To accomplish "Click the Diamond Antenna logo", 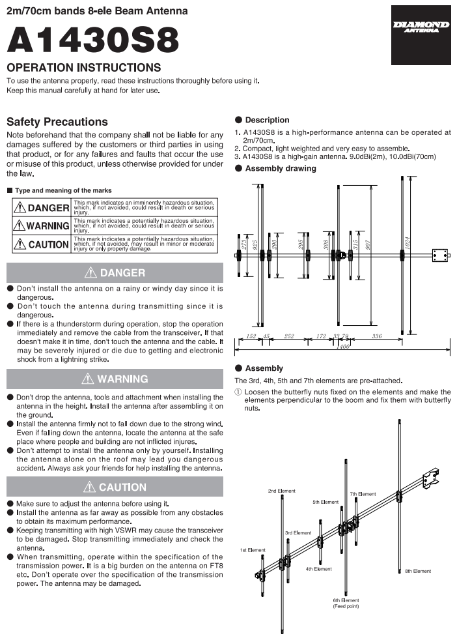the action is click(421, 35).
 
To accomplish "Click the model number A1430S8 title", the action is click(93, 40).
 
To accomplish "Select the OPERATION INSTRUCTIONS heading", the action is click(84, 67).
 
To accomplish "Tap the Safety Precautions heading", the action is click(57, 122).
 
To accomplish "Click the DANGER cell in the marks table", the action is click(42, 208).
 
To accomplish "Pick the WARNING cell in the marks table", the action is click(42, 225).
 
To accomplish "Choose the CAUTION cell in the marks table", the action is click(42, 244).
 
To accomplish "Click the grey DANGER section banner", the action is click(115, 272).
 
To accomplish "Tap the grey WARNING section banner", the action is click(115, 379).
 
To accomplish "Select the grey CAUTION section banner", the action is click(115, 487).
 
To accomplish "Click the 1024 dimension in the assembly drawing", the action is click(407, 243).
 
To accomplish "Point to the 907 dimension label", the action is click(368, 245).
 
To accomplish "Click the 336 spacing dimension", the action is click(377, 336).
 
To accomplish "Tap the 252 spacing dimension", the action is click(289, 336).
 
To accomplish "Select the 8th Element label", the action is click(418, 571).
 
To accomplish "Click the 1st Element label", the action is click(253, 550).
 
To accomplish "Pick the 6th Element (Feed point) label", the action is click(346, 604).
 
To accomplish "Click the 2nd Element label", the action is click(282, 491).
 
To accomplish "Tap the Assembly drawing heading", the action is click(281, 168).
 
